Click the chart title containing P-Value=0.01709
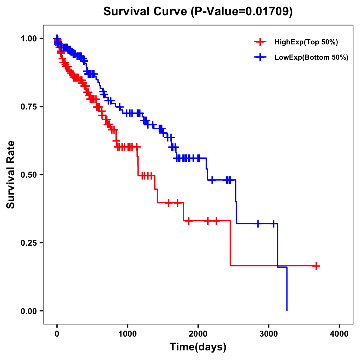pyautogui.click(x=198, y=11)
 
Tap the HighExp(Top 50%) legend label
pyautogui.click(x=306, y=42)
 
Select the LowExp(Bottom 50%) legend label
pyautogui.click(x=311, y=57)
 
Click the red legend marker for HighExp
pyautogui.click(x=260, y=42)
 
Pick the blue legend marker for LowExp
pyautogui.click(x=260, y=57)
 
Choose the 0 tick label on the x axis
pyautogui.click(x=57, y=334)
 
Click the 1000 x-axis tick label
pyautogui.click(x=127, y=334)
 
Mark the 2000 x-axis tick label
pyautogui.click(x=198, y=334)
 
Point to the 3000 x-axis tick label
pyautogui.click(x=269, y=334)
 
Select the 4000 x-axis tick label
pyautogui.click(x=339, y=334)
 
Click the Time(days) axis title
pyautogui.click(x=198, y=347)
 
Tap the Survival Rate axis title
pyautogui.click(x=11, y=175)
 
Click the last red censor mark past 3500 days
pyautogui.click(x=316, y=266)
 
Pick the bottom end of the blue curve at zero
pyautogui.click(x=287, y=310)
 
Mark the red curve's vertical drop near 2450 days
pyautogui.click(x=230, y=243)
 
